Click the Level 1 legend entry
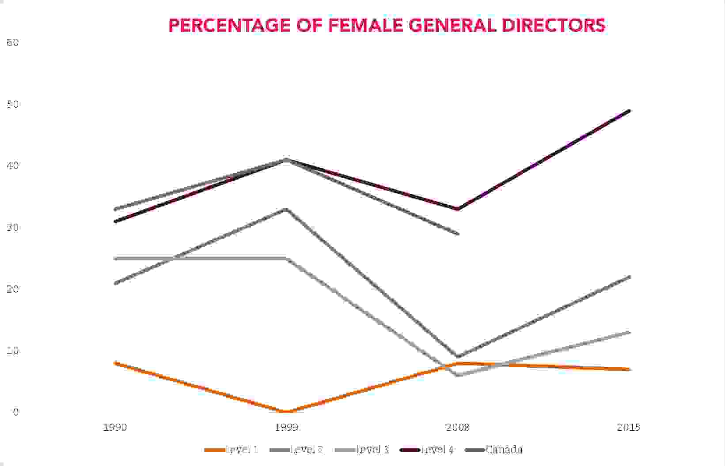pyautogui.click(x=241, y=450)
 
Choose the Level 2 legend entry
pyautogui.click(x=306, y=450)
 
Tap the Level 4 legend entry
pyautogui.click(x=437, y=450)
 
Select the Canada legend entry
pyautogui.click(x=504, y=450)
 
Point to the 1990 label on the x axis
pyautogui.click(x=115, y=427)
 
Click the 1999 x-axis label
pyautogui.click(x=287, y=427)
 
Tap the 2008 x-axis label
pyautogui.click(x=458, y=427)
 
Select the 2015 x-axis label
pyautogui.click(x=629, y=427)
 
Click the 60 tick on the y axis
pyautogui.click(x=12, y=42)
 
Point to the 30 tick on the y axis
pyautogui.click(x=12, y=227)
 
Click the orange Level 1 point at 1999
pyautogui.click(x=286, y=412)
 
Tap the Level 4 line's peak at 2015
pyautogui.click(x=629, y=111)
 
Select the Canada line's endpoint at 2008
pyautogui.click(x=458, y=233)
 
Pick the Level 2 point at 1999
pyautogui.click(x=286, y=209)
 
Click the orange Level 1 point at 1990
pyautogui.click(x=115, y=363)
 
